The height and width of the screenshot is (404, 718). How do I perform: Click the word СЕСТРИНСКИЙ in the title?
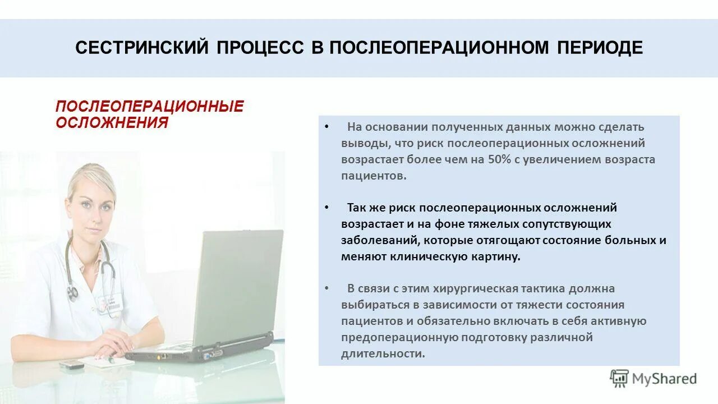141,48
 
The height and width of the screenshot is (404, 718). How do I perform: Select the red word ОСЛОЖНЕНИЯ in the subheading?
112,122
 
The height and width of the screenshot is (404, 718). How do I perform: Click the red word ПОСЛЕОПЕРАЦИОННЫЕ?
150,107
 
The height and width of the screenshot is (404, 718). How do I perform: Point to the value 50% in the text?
499,159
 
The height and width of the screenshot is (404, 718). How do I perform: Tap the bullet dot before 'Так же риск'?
326,208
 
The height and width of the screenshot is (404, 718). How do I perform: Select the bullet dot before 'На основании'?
326,127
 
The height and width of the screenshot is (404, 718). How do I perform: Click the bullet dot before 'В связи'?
326,288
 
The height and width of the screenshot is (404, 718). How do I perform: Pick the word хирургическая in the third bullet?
476,289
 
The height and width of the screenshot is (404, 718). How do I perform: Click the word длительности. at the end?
383,353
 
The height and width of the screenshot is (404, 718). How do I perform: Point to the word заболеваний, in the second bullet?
380,240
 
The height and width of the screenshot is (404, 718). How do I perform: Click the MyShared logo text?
664,379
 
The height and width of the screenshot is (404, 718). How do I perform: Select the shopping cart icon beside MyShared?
619,379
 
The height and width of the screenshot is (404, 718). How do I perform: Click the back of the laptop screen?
238,286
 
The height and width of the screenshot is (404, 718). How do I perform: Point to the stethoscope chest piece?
72,292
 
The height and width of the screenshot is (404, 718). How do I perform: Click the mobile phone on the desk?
71,365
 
